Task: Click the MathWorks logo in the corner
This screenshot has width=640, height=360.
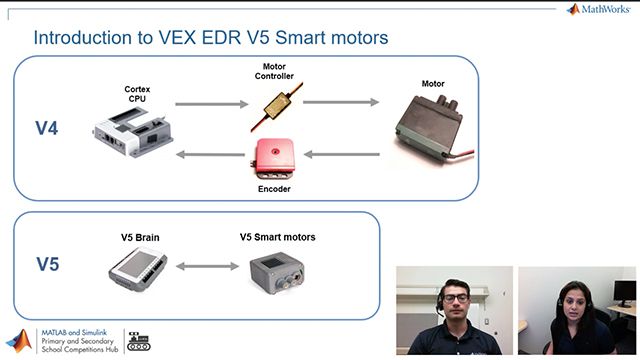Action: click(600, 9)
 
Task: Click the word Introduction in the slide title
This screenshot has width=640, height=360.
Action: click(86, 38)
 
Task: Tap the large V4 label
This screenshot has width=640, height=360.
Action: click(47, 130)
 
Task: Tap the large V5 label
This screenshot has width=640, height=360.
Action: click(48, 265)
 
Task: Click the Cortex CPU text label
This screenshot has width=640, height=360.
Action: click(137, 93)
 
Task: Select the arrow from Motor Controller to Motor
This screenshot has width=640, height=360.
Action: click(341, 102)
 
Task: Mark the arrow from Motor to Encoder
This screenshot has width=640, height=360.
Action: click(341, 154)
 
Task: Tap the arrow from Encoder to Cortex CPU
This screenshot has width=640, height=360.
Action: click(211, 154)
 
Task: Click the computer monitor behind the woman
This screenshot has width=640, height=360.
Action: click(626, 292)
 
